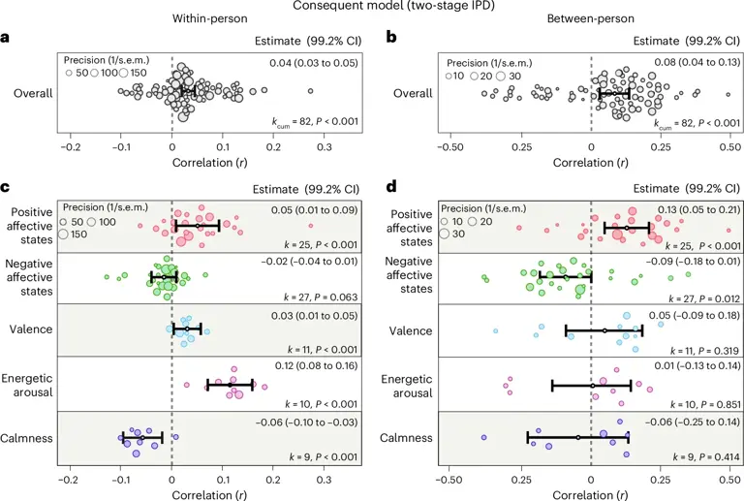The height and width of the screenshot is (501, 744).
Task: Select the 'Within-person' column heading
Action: pos(209,19)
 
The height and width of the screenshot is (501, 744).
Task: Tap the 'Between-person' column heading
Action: pos(591,19)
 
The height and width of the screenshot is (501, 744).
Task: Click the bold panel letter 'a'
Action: pos(5,38)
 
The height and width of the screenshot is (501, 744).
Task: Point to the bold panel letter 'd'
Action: pos(391,186)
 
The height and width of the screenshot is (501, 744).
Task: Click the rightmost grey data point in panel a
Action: pos(310,91)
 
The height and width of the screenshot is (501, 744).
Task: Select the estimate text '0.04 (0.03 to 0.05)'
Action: pos(314,63)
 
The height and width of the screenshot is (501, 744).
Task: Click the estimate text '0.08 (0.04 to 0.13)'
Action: pos(697,63)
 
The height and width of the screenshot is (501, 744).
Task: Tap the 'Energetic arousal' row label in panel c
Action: pos(27,386)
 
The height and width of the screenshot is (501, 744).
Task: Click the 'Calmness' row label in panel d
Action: pos(406,438)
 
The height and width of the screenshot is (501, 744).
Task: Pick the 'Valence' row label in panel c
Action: pos(31,329)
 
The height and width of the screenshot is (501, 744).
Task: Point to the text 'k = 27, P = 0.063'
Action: pos(321,297)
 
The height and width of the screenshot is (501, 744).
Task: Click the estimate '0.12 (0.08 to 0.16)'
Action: pos(316,365)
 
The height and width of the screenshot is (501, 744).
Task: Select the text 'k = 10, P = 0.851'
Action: pos(705,405)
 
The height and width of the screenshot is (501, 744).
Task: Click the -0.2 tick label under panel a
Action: pos(70,147)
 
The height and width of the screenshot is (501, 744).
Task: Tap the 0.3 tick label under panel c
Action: pos(325,480)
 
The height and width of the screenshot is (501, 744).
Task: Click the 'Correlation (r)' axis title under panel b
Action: pos(591,163)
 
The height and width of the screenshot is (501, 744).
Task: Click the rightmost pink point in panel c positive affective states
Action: pos(310,226)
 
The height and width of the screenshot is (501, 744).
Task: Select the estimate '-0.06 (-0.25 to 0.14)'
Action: pos(693,423)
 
